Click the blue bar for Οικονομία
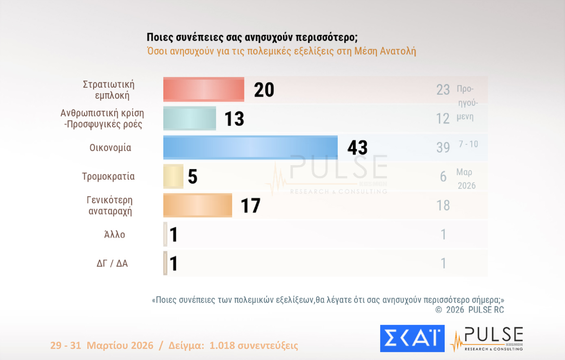pos(250,147)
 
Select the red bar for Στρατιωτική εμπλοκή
pos(204,89)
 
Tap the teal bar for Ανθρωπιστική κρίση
pos(189,118)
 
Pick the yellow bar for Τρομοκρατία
pos(173,176)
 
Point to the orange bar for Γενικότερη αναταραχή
pos(198,205)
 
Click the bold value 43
pos(357,147)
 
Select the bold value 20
pos(264,90)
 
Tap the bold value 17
pos(250,205)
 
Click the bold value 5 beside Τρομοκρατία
pos(193,177)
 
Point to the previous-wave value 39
pos(443,147)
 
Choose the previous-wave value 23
pos(443,89)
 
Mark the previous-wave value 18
pos(443,205)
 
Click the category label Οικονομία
pos(110,148)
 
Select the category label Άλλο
pos(115,234)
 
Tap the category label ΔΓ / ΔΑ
pos(112,264)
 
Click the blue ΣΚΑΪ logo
pos(412,338)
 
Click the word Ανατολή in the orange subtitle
pos(398,51)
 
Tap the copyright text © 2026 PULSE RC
pos(469,310)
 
